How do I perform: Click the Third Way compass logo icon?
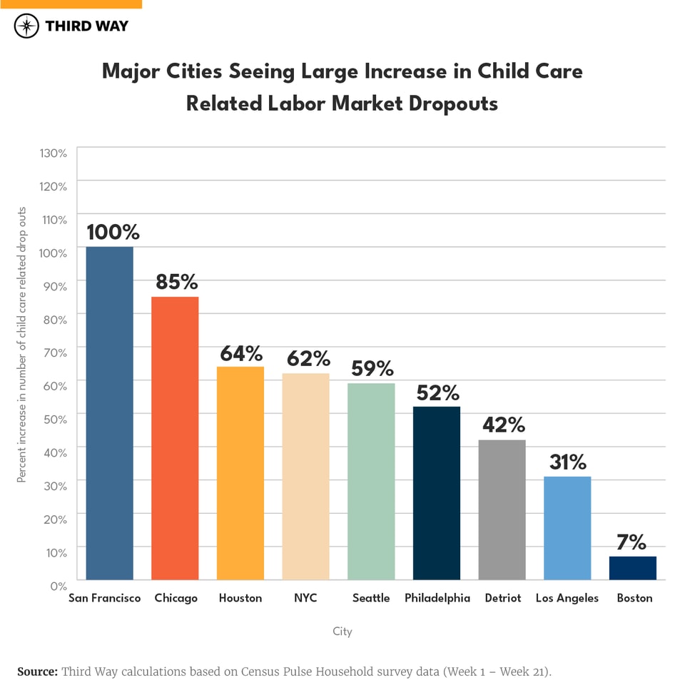pos(27,26)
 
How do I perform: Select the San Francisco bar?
pos(109,413)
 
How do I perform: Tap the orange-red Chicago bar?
pos(175,438)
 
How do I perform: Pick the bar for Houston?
pos(240,473)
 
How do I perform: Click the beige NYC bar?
pos(305,477)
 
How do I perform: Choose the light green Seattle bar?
pos(371,482)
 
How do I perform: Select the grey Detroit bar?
pos(502,509)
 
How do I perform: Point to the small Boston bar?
pos(632,568)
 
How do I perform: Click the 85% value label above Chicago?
pos(177,282)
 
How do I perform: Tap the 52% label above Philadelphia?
pos(438,392)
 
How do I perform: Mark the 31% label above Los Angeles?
pos(568,462)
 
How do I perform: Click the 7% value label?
pos(631,542)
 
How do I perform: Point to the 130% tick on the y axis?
pos(53,153)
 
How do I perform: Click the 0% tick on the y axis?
pos(59,585)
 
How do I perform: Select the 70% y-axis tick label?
pos(56,352)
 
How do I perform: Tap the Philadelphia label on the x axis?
pos(437,598)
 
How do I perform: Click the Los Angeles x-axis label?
pos(567,598)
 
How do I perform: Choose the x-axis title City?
pos(342,631)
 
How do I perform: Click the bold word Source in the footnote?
pos(37,671)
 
